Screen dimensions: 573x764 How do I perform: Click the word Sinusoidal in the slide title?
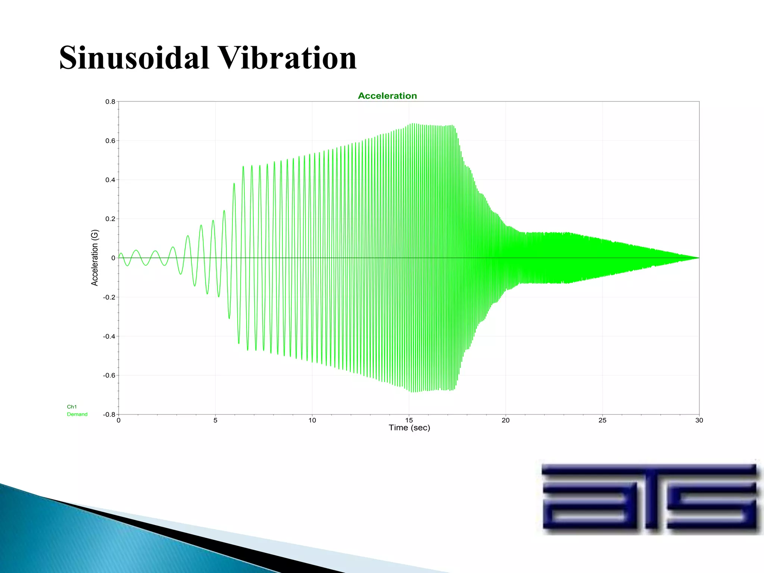134,58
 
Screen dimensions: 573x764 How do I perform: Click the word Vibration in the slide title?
288,58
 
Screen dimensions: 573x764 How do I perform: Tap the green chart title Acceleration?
387,96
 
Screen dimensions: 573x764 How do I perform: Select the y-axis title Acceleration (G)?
95,258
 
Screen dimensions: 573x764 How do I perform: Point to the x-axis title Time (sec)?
409,428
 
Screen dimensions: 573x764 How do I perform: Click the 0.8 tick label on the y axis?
110,101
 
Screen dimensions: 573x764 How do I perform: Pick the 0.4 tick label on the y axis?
110,180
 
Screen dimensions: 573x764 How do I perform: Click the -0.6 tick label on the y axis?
109,375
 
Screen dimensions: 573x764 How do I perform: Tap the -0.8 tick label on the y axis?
109,414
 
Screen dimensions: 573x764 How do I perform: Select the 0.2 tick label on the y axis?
110,219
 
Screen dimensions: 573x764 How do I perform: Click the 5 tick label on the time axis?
215,420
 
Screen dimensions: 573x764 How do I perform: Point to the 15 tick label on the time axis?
409,420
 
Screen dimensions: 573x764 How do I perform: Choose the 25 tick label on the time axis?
602,420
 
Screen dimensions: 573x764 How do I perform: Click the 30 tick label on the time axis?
699,420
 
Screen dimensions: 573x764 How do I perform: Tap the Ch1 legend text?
72,407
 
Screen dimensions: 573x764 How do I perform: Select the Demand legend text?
77,414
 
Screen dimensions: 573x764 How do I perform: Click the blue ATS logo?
649,496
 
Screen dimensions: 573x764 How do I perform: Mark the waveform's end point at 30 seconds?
699,258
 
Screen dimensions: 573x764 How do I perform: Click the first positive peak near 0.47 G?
243,167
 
